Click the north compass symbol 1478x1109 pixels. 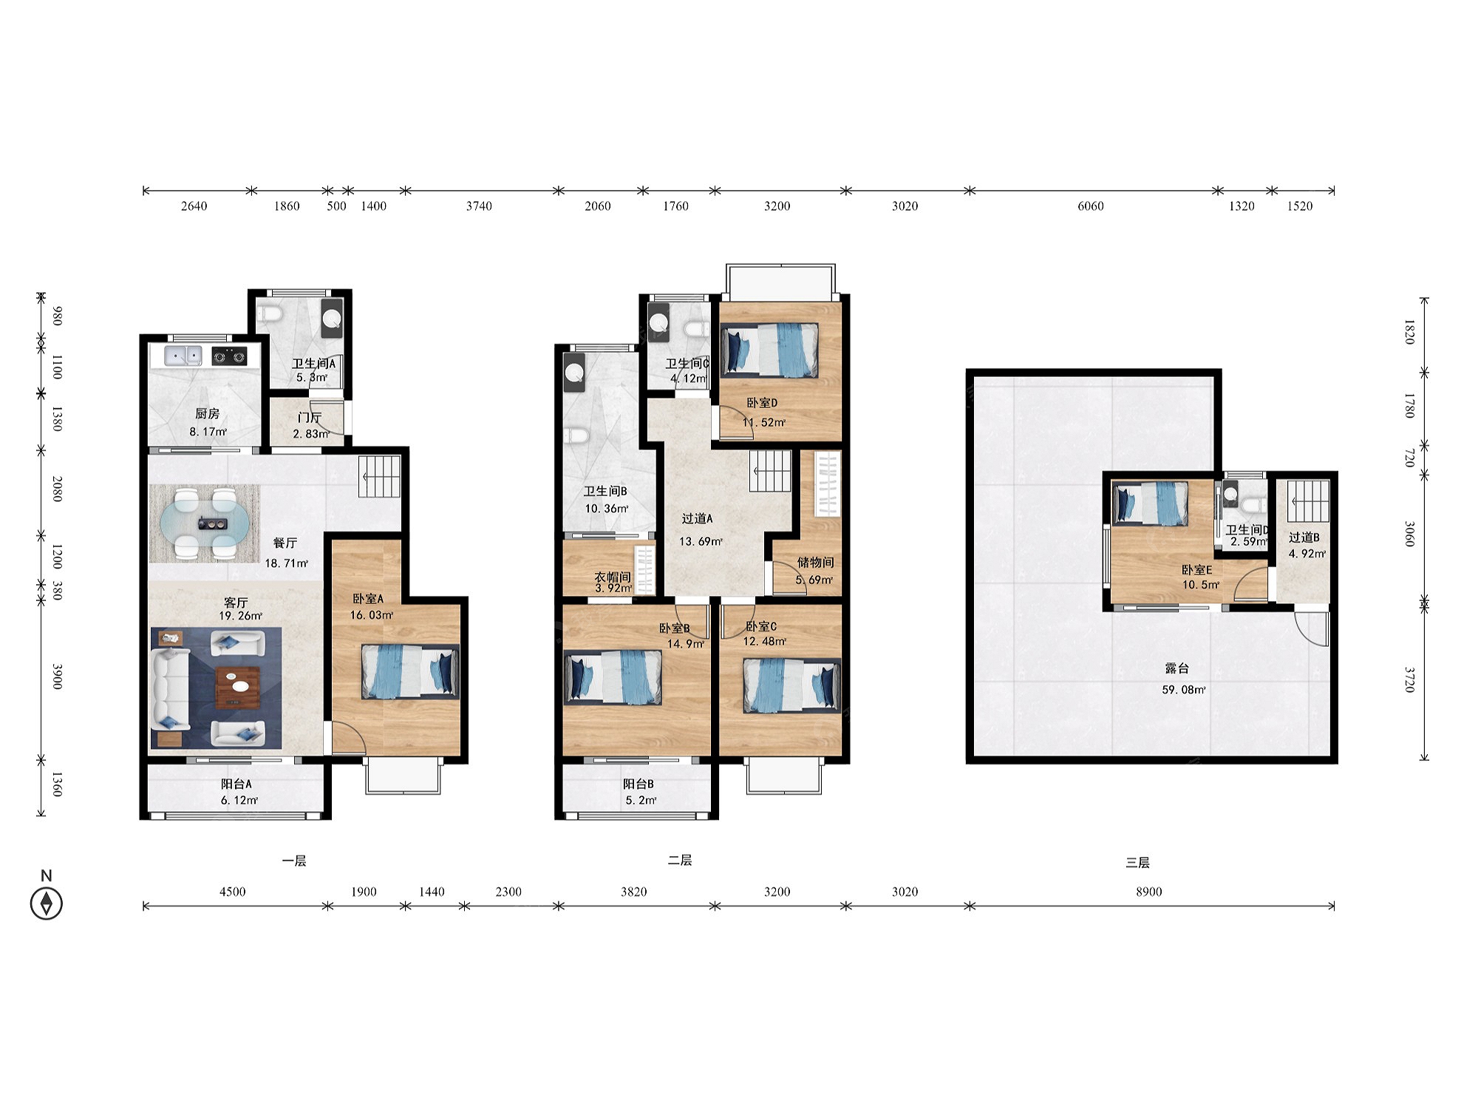(46, 903)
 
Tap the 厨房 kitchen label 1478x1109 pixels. (208, 414)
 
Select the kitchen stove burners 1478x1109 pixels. (229, 357)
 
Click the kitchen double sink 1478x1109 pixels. (183, 356)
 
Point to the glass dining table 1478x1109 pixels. (205, 523)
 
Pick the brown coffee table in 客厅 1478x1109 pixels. (237, 688)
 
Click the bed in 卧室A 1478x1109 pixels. (410, 671)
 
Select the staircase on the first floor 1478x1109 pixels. (380, 477)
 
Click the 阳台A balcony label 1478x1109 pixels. (236, 784)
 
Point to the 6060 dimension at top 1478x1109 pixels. (1090, 206)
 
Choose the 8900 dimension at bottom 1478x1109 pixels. (1149, 892)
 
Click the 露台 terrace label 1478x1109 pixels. (1176, 668)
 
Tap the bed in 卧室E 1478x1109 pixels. (1151, 503)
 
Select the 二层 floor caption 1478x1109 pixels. (680, 861)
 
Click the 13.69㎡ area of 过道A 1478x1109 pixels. (701, 541)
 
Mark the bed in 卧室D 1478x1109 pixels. (770, 350)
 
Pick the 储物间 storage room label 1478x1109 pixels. (815, 563)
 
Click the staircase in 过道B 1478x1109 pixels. (1309, 501)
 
